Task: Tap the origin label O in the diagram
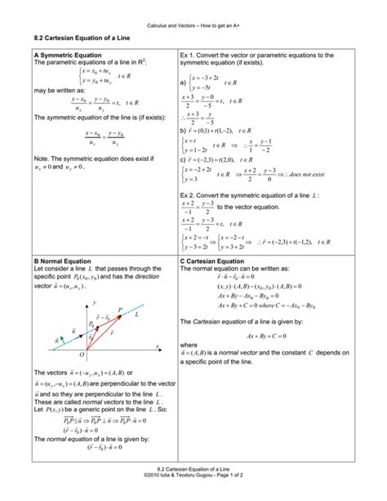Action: (82, 356)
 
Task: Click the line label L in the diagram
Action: (136, 314)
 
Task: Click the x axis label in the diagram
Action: (156, 347)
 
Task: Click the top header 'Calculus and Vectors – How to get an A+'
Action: (193, 12)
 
